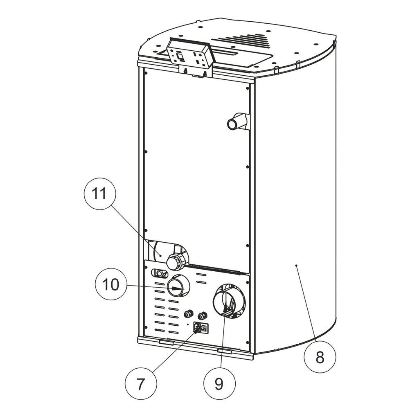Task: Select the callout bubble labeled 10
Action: (x=110, y=285)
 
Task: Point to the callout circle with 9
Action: (x=219, y=384)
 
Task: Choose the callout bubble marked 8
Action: (x=320, y=357)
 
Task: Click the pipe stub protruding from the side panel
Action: (x=236, y=122)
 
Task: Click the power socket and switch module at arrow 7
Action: (x=200, y=328)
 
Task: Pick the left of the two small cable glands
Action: (x=189, y=314)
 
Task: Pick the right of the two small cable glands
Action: (x=202, y=315)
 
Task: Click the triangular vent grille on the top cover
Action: (x=246, y=41)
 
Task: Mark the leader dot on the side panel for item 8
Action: (x=296, y=266)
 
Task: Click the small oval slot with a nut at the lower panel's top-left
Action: (x=160, y=273)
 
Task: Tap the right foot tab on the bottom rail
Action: (x=225, y=351)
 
